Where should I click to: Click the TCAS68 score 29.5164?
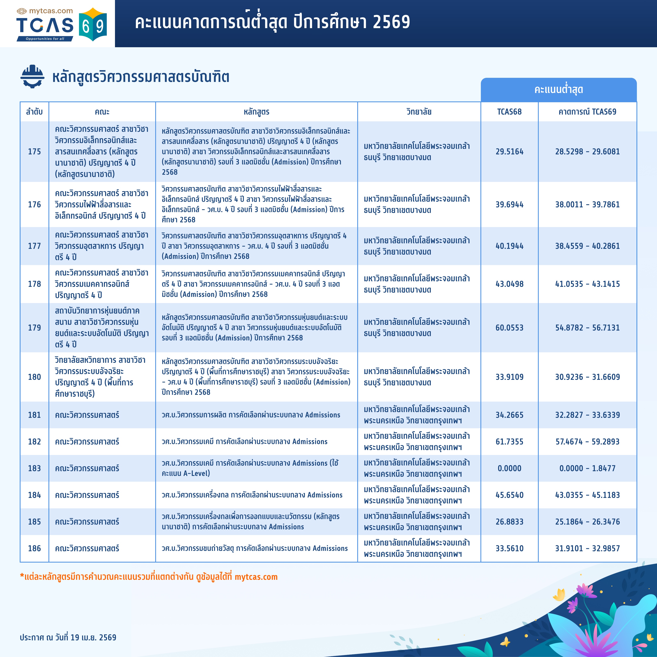509,152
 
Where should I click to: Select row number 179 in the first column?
34,327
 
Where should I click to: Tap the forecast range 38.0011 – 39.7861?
587,204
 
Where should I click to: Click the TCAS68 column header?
509,112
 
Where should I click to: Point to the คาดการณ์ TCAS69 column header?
587,112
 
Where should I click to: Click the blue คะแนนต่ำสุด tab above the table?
558,90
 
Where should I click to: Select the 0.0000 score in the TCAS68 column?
509,468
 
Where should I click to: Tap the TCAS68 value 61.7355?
509,441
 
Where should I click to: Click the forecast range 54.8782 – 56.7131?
587,327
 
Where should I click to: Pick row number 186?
34,548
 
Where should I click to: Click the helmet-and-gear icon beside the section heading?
32,77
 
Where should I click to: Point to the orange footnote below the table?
149,577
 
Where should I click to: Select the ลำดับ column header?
34,112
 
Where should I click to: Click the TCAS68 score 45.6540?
509,495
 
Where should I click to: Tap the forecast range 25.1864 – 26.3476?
587,522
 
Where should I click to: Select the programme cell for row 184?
252,495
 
